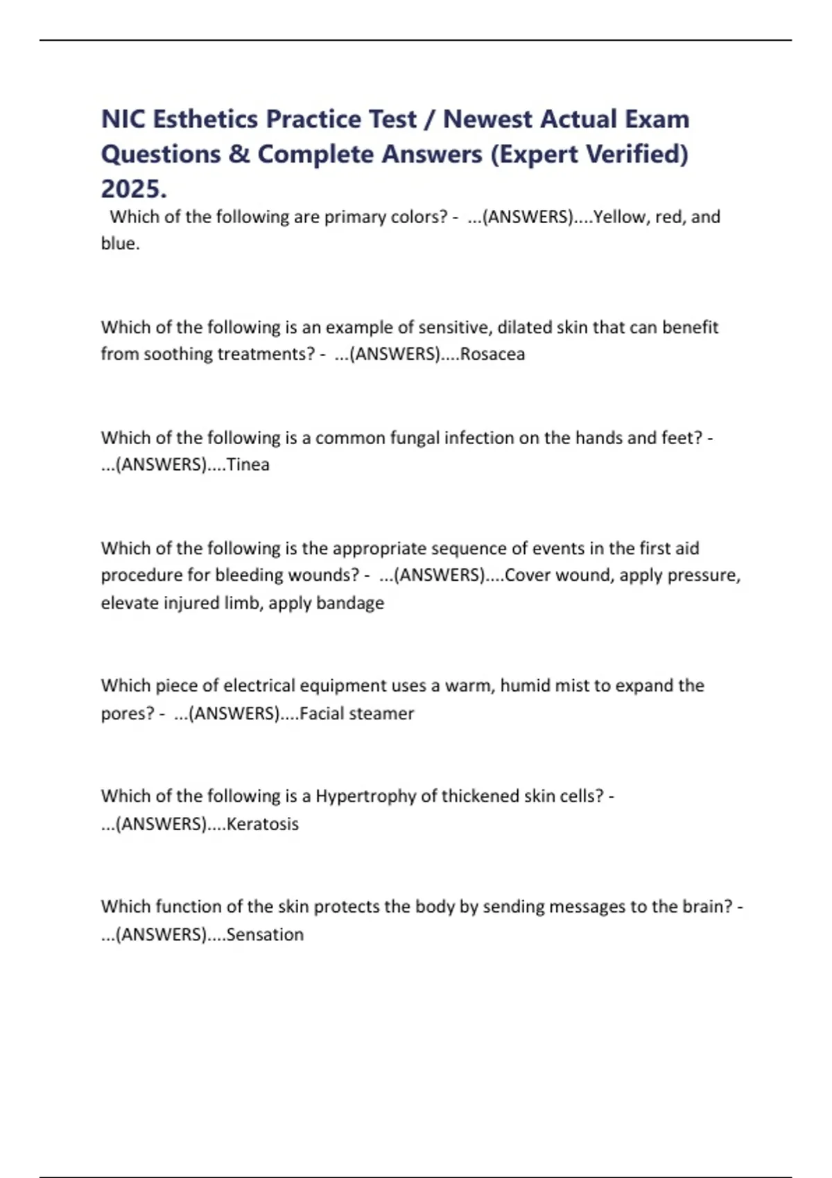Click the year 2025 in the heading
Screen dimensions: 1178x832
click(x=134, y=188)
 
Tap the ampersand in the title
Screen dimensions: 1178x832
click(x=239, y=154)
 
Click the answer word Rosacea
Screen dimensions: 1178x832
click(x=492, y=354)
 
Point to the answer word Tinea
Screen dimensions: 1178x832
click(x=248, y=464)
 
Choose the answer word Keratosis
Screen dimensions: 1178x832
click(x=263, y=824)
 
